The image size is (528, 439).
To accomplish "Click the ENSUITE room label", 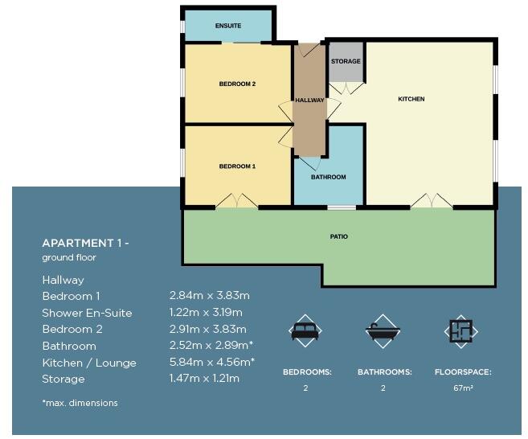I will (228, 27).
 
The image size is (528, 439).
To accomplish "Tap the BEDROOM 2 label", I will (237, 84).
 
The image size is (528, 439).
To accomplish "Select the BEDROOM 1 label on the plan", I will (237, 166).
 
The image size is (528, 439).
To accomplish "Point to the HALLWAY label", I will (309, 101).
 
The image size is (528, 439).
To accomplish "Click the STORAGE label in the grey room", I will (346, 62).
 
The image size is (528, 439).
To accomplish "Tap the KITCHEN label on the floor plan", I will (411, 100).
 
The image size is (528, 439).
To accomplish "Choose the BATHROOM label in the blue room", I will (328, 177).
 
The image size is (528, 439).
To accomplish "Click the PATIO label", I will (338, 237).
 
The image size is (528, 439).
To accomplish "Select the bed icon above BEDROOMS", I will (305, 330).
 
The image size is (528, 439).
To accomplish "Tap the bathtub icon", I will (383, 330).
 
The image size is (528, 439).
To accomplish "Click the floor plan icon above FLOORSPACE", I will (461, 330).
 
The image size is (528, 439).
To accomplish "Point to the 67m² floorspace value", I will (462, 388).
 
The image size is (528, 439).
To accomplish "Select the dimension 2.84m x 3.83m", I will (209, 296).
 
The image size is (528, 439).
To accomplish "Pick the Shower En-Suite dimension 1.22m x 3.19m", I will (206, 313).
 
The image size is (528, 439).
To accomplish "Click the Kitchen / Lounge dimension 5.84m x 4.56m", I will (211, 363).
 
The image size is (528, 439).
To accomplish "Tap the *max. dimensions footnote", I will (80, 403).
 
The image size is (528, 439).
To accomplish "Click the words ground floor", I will (69, 258).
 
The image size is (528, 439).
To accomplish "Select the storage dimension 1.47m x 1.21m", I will (204, 379).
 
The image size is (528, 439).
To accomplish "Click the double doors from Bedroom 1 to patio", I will (237, 201).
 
